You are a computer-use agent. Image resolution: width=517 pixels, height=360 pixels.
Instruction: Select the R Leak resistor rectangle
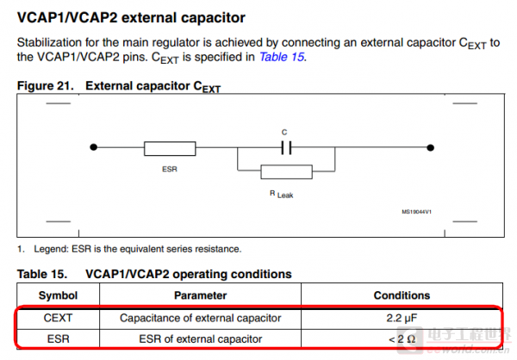tap(286, 172)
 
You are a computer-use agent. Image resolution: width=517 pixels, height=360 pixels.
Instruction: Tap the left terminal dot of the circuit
tap(93, 148)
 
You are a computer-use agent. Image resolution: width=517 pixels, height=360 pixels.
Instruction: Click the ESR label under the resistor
tap(169, 169)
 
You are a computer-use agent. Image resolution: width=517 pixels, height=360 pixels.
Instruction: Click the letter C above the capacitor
tap(284, 132)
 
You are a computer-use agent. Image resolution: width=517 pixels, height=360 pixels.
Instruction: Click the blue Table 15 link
tap(283, 57)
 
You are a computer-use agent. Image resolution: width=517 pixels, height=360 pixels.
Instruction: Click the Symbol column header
tap(58, 295)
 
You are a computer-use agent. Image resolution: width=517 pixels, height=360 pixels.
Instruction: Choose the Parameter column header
tap(200, 295)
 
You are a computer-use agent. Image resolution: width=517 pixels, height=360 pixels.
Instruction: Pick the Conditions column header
tap(401, 295)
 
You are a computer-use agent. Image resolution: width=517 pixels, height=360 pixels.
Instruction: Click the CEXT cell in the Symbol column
tap(58, 318)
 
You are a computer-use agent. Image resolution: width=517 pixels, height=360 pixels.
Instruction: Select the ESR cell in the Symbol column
tap(58, 339)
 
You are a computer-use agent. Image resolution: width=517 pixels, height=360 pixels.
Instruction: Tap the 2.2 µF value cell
tap(401, 318)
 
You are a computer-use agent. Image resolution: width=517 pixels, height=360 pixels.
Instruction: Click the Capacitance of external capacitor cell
tap(200, 318)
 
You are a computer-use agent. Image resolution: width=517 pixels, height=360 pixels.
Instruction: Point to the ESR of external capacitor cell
tap(200, 339)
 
